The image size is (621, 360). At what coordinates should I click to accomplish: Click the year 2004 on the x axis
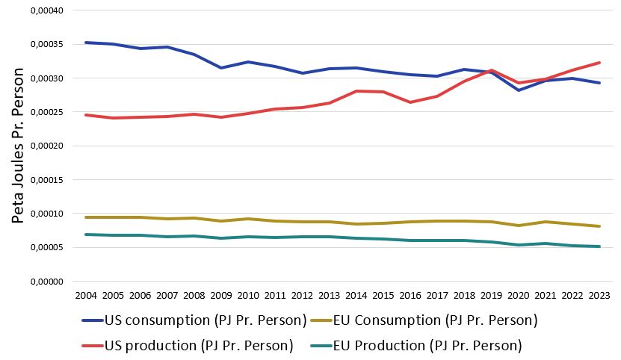[x=87, y=296]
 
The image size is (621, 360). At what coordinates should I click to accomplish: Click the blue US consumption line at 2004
[x=87, y=43]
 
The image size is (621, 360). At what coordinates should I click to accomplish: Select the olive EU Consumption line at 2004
[x=87, y=217]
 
